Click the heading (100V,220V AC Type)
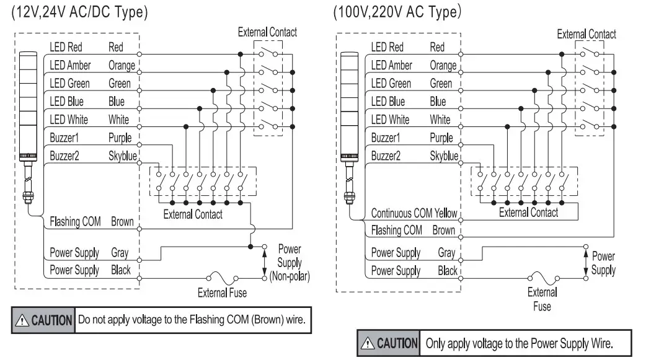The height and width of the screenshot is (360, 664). [397, 12]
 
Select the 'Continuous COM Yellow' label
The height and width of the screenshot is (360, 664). [414, 213]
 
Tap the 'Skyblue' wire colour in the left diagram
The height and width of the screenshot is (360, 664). [122, 156]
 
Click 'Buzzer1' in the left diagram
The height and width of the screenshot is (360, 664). [65, 138]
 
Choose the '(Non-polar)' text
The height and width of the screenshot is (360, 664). [290, 276]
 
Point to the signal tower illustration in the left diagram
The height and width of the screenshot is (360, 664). [28, 124]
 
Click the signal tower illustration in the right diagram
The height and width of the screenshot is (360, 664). [348, 124]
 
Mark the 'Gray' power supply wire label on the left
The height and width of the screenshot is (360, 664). [120, 253]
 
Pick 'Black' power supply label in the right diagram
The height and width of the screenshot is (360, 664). [447, 271]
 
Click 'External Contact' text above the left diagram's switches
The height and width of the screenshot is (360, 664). [267, 32]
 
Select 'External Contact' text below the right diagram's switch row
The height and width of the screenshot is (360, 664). [529, 213]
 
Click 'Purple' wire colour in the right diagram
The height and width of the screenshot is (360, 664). [441, 138]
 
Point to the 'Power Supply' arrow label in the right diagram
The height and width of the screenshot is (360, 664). [603, 263]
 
